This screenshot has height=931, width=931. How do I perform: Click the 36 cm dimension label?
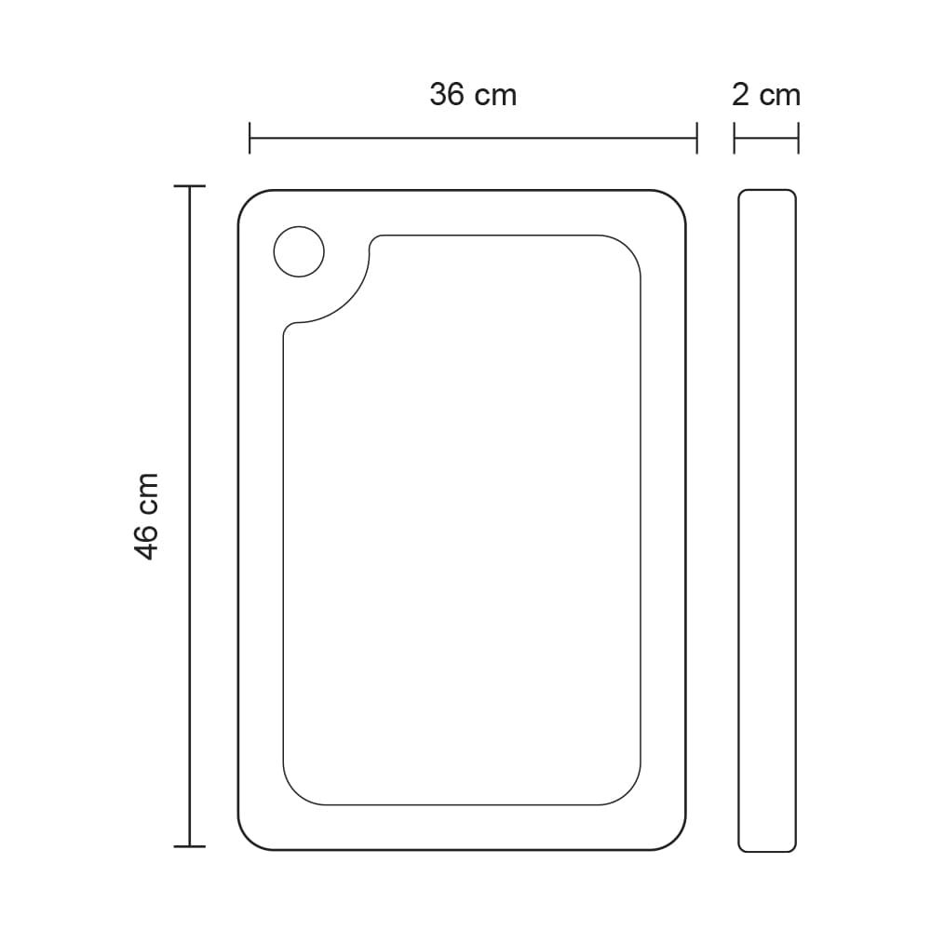coord(473,95)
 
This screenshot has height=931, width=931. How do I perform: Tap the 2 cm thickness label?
coord(766,95)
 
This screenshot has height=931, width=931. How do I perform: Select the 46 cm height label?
coord(147,517)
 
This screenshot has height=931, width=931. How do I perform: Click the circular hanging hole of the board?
coord(299,251)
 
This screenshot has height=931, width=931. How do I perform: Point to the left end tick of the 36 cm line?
coord(250,138)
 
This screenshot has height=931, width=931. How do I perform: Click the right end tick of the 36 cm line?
coord(696,138)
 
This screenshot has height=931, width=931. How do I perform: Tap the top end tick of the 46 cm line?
coord(189,186)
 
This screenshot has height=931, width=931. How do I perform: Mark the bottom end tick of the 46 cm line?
coord(189,846)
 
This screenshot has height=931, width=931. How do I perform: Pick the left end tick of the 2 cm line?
coord(735,138)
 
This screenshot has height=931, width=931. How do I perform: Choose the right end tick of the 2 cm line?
coord(798,138)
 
